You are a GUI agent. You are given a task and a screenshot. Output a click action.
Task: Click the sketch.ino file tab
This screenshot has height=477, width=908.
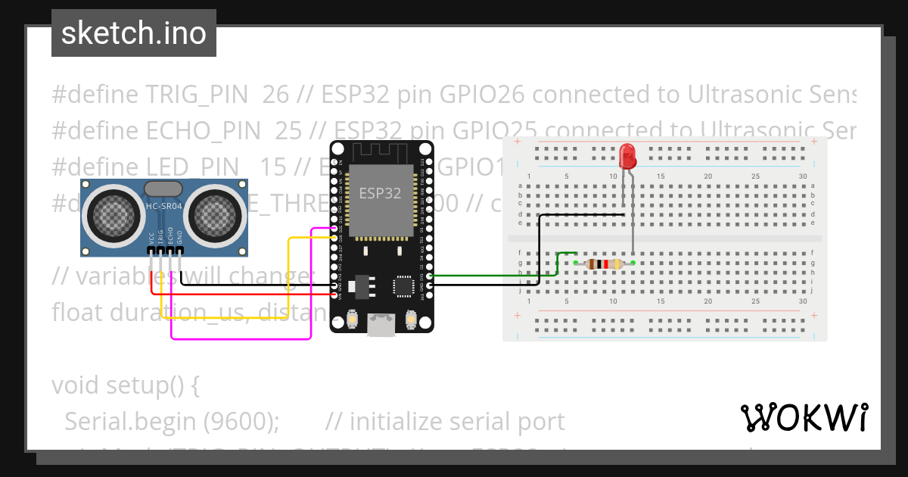133,33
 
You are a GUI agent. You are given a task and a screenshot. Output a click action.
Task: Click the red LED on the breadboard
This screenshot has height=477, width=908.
627,156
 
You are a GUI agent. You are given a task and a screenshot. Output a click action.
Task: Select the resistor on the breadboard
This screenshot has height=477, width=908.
604,263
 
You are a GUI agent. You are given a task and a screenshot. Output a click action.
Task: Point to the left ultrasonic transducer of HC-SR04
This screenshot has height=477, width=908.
116,214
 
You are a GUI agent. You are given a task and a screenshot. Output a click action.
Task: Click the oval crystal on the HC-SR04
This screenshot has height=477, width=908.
163,189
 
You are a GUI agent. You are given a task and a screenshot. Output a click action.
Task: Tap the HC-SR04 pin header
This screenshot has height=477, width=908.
165,249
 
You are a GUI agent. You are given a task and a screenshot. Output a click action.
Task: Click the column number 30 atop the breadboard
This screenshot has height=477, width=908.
802,176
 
